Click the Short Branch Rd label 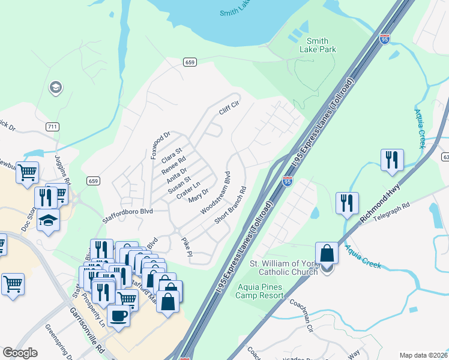231,205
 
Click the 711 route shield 52,126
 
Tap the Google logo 20,353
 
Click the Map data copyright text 423,355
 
